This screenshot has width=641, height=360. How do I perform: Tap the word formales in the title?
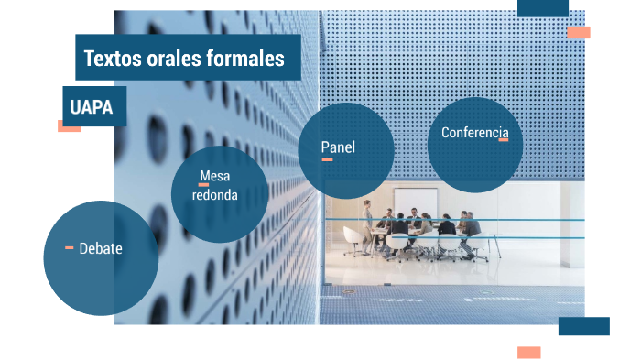coord(252,59)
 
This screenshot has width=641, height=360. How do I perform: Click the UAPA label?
coord(92,107)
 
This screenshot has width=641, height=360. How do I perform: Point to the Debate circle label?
coord(101,248)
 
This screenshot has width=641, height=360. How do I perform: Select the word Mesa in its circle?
coord(214,176)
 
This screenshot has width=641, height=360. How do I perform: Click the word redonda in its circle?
coord(215,195)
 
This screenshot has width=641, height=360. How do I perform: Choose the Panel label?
coord(338,147)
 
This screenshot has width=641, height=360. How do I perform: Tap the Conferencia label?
coord(474,133)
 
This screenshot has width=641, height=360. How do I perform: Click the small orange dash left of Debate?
coord(70,247)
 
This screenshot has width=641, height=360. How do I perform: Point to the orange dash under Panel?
coord(327,159)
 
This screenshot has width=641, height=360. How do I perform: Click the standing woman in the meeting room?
coord(367,223)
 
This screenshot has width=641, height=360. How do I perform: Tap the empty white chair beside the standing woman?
coord(352,239)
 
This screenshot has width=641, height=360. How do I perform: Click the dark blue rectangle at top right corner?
coord(542,8)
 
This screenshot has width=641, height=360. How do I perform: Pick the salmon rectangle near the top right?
coord(578,33)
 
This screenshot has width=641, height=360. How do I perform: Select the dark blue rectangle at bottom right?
coord(583,326)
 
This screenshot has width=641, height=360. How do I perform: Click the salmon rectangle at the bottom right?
coord(528,353)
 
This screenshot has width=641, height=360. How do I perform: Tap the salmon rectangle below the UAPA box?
coord(69,126)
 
